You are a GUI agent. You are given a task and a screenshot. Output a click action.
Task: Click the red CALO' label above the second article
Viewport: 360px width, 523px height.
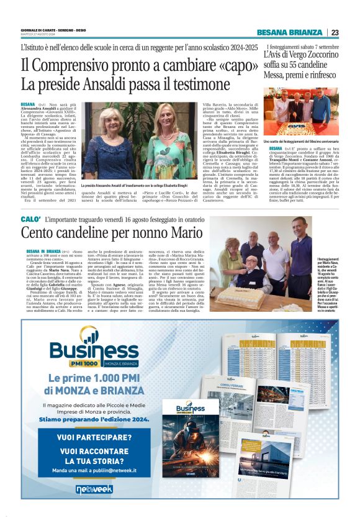(x=30, y=220)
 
